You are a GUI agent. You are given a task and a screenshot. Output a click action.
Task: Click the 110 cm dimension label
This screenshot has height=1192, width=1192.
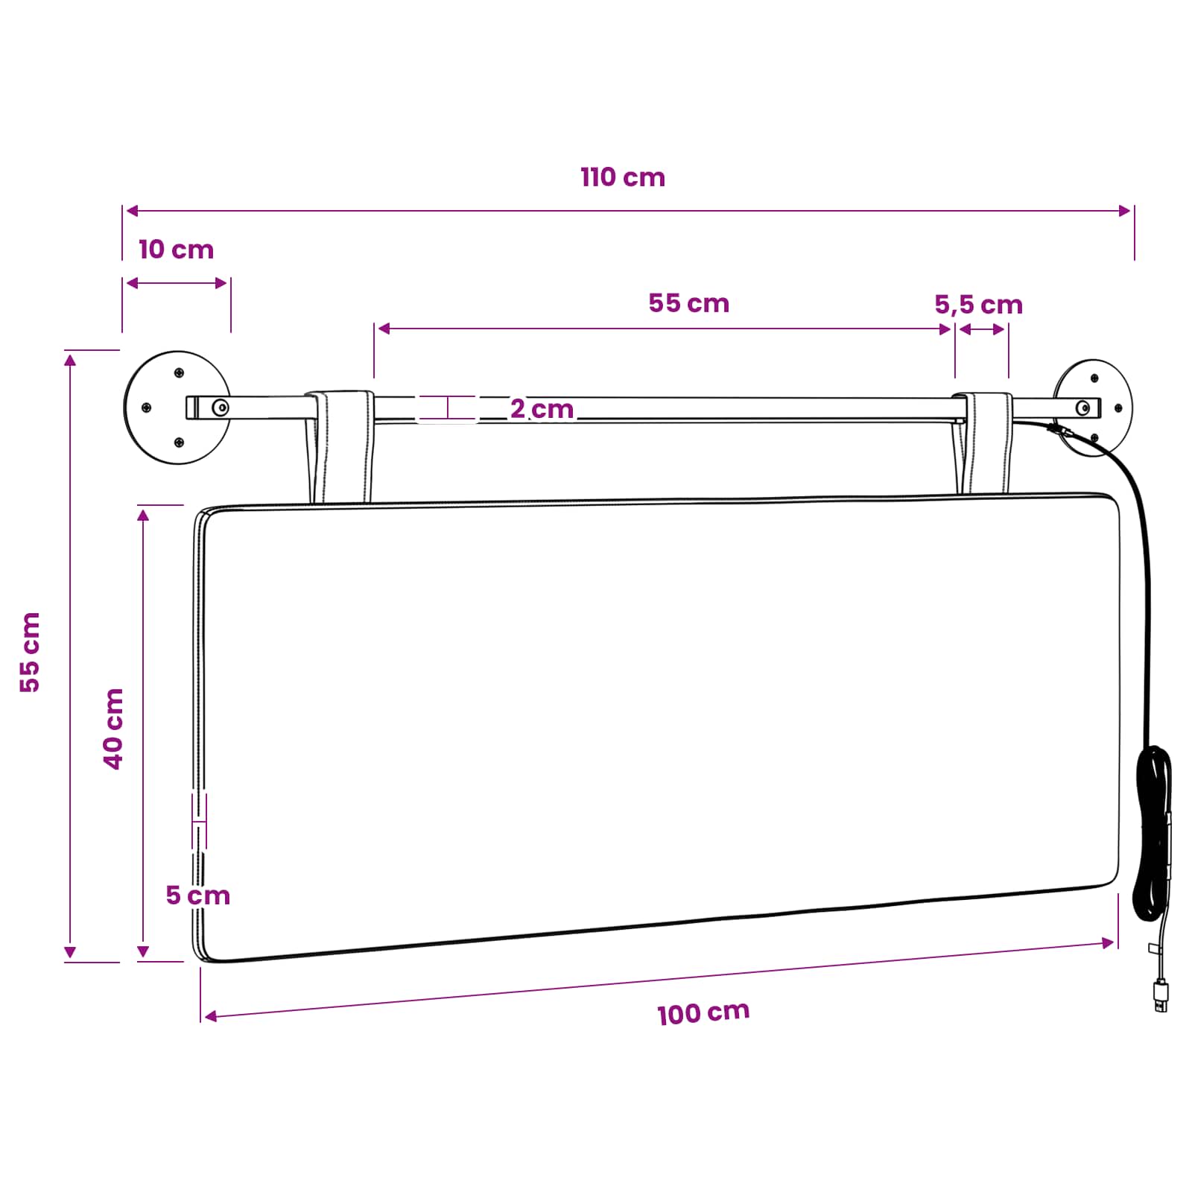point(623,177)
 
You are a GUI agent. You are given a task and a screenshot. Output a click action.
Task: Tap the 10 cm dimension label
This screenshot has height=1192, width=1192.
point(177,250)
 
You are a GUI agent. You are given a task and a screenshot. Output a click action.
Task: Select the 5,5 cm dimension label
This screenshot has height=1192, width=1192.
point(978,305)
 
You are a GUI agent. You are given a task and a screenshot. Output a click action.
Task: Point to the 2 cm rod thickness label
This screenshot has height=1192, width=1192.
point(542,409)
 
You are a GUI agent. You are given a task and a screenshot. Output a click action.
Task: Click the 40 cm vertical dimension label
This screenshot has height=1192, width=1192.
point(113,729)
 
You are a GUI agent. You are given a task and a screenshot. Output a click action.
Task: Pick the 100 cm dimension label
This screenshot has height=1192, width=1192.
point(703,1013)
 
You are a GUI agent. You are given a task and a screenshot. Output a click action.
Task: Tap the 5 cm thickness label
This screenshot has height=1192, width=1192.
point(197,895)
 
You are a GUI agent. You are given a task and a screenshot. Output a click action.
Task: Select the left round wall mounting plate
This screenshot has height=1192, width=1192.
point(177,408)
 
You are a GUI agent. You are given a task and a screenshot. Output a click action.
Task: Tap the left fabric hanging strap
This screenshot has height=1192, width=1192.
point(340,447)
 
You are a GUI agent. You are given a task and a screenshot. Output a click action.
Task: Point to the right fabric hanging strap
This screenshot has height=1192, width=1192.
point(983,443)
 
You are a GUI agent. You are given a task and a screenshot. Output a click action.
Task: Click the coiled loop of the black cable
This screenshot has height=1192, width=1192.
point(1153,834)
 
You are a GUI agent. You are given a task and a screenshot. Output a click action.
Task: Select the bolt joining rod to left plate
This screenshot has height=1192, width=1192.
point(221,408)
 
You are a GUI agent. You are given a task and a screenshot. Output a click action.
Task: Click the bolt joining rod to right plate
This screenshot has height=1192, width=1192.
point(1085,408)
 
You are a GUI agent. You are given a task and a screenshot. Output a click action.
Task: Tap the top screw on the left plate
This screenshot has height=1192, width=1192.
point(179,372)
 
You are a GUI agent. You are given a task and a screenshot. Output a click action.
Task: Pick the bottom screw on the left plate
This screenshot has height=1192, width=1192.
point(179,443)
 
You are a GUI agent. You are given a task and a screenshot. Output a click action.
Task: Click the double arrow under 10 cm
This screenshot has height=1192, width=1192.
point(177,283)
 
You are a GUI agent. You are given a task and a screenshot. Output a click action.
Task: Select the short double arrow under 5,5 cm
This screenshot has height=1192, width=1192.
point(983,329)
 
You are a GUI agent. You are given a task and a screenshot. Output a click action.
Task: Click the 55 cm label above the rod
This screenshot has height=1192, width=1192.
point(688,303)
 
